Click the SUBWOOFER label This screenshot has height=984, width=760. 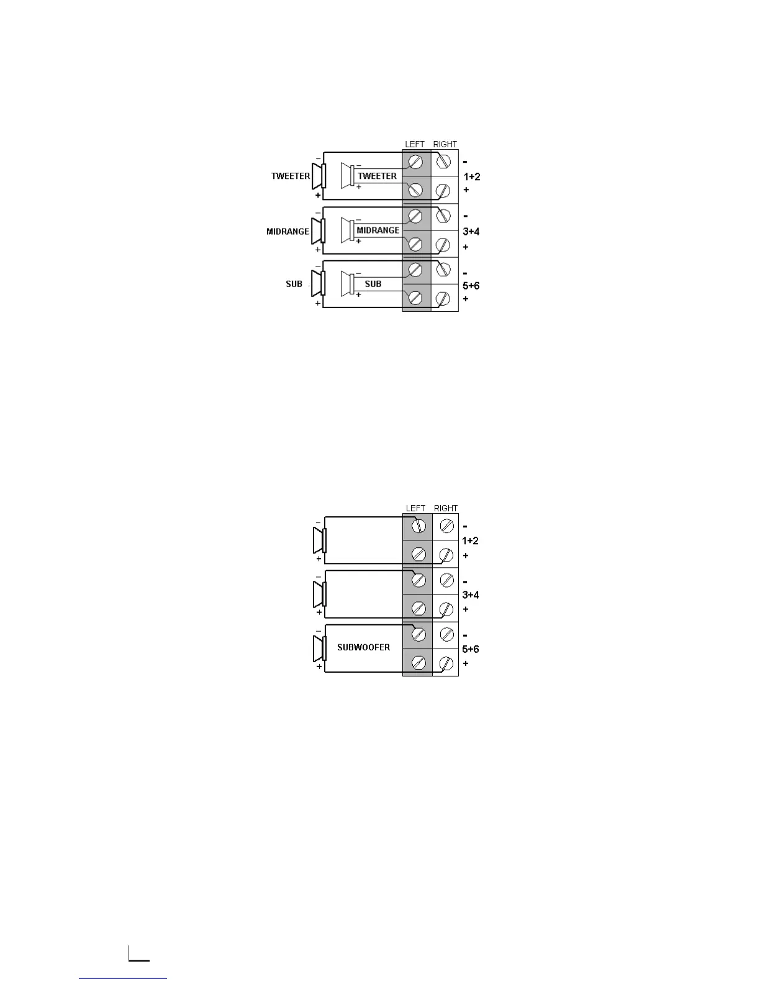click(363, 647)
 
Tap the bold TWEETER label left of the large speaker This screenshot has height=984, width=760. click(290, 176)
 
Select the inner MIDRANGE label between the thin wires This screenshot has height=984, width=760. click(378, 230)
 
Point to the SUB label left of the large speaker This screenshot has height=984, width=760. click(294, 285)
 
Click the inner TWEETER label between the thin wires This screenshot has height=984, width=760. click(377, 176)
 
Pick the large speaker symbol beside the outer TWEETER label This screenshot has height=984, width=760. click(319, 176)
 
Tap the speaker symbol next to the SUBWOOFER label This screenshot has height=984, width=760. click(320, 648)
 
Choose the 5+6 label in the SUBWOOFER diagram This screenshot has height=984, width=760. click(471, 649)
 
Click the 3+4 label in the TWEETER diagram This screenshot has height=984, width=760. click(471, 232)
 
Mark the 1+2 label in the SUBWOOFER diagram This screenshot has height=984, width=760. click(470, 541)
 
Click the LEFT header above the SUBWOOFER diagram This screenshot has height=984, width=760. click(415, 508)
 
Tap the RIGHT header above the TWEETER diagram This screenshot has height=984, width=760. click(445, 144)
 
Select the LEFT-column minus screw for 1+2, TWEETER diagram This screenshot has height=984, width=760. click(416, 162)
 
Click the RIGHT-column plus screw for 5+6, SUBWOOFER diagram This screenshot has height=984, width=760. click(446, 663)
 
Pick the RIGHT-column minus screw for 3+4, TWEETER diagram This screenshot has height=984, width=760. click(444, 216)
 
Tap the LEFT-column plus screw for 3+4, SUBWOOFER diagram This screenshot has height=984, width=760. click(418, 608)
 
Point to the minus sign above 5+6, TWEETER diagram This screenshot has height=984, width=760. click(466, 272)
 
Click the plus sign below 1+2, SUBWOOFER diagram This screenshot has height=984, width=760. click(466, 555)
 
